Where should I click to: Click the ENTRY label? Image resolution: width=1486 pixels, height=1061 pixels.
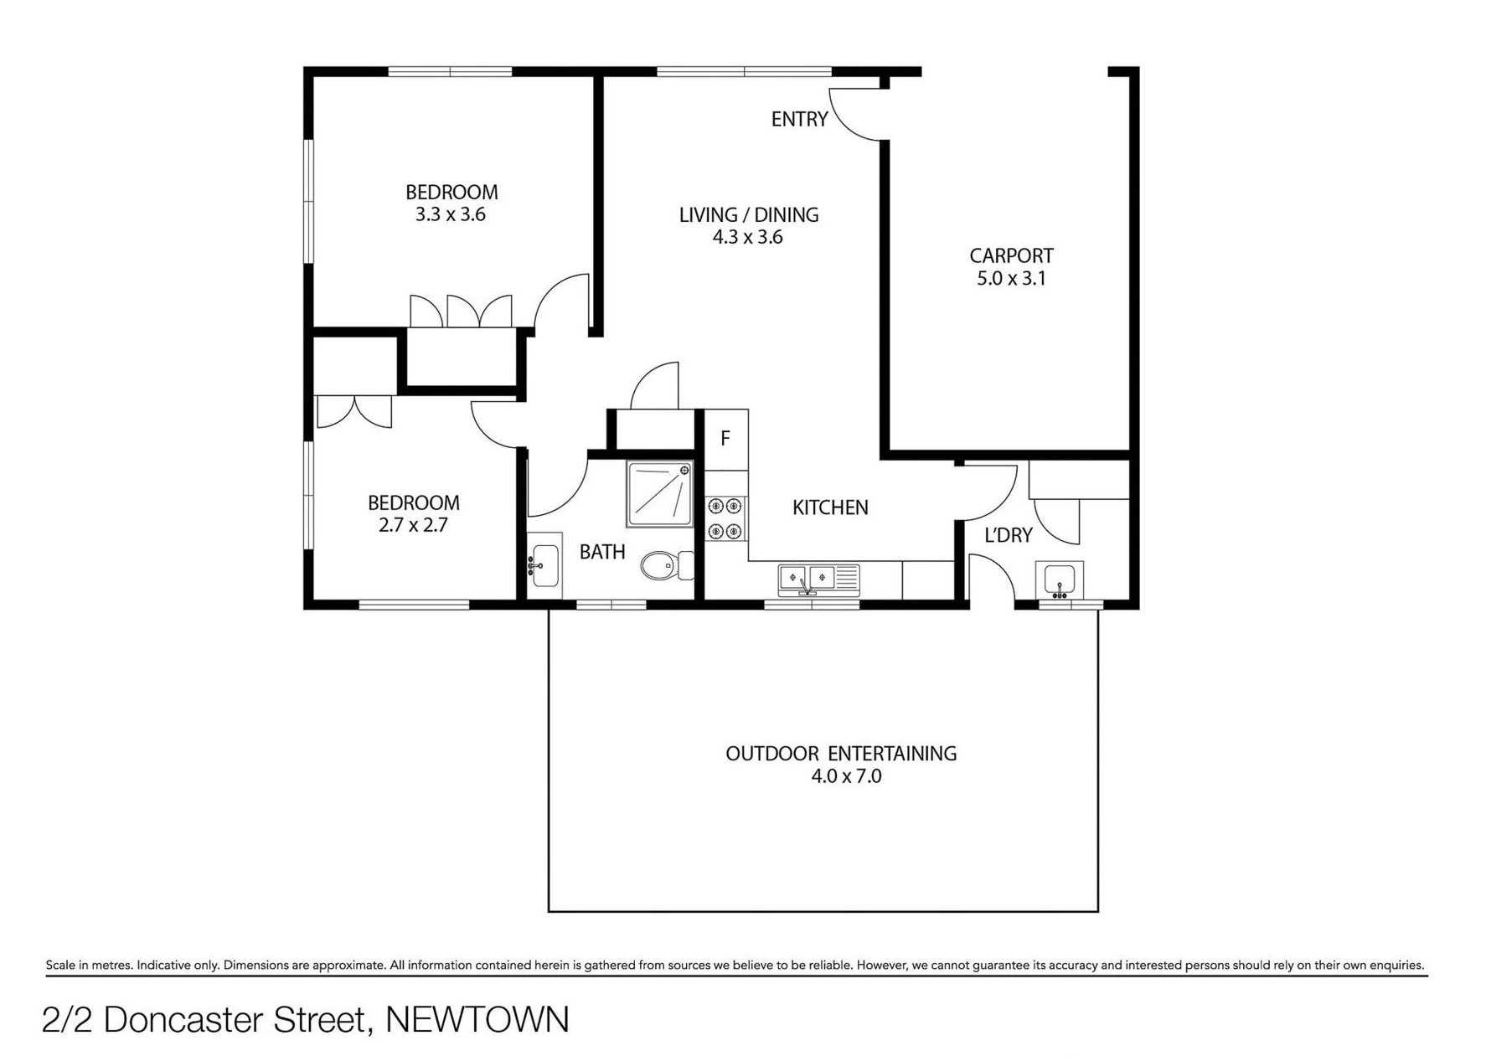[x=799, y=119]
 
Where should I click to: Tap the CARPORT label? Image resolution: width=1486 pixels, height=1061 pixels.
[x=1011, y=255]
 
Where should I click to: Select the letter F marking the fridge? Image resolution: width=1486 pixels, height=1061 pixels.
[x=725, y=438]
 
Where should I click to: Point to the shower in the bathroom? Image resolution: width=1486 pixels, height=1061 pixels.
[x=660, y=494]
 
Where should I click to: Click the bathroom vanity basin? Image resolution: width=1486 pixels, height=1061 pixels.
[x=544, y=566]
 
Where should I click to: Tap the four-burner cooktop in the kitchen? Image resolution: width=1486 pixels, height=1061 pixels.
[x=725, y=518]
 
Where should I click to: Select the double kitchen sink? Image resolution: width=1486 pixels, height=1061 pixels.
[x=818, y=579]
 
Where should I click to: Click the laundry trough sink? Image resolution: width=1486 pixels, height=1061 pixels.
[x=1060, y=579]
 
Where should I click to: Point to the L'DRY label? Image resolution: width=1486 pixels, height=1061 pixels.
[x=1008, y=535]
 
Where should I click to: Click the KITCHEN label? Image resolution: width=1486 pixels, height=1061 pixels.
[x=830, y=507]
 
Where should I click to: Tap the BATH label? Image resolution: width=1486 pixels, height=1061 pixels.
[x=602, y=552]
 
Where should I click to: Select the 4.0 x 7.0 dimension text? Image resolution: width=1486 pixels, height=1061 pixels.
[x=846, y=776]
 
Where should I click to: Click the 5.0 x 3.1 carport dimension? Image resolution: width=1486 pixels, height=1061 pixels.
[x=1011, y=278]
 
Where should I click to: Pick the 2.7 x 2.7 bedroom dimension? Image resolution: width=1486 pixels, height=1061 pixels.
[x=413, y=525]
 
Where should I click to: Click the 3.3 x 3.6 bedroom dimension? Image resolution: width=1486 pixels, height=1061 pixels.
[x=450, y=214]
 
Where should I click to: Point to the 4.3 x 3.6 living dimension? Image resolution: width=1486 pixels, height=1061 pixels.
[x=747, y=237]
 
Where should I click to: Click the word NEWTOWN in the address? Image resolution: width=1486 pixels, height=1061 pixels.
[x=477, y=1020]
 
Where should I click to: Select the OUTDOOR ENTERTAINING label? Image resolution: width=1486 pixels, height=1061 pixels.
[x=841, y=754]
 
